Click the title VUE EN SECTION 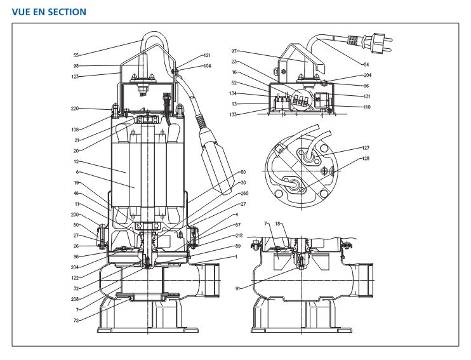pos(49,12)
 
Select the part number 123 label pos(76,76)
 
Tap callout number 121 pos(208,56)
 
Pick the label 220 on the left pos(76,108)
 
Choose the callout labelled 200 pos(76,215)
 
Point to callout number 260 pos(244,194)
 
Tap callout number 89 pos(238,245)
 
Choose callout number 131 pos(367,96)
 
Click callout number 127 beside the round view pos(366,148)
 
